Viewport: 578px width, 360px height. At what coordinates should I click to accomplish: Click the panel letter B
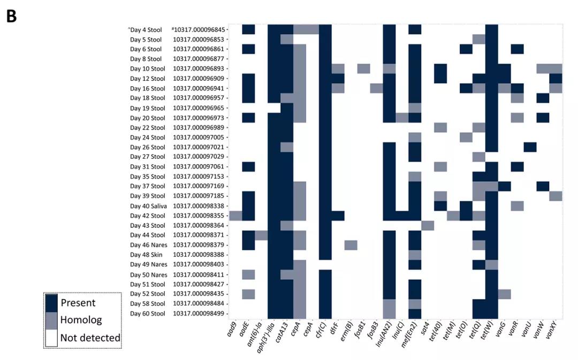click(11, 16)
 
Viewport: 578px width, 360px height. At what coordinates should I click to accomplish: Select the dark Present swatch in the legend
click(51, 302)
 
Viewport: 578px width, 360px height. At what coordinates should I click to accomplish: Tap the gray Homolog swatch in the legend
click(51, 320)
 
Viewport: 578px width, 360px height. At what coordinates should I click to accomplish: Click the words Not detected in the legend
click(90, 338)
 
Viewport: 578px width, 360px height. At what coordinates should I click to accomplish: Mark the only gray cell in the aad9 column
click(235, 216)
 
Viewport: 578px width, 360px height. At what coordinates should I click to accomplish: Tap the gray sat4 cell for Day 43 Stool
click(428, 225)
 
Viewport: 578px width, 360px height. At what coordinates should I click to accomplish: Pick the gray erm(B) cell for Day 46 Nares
click(351, 245)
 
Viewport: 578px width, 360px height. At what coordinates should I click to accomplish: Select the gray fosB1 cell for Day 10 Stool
click(363, 68)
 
